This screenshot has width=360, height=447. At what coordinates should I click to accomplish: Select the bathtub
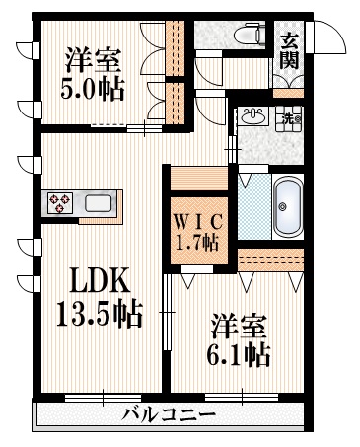point(287,206)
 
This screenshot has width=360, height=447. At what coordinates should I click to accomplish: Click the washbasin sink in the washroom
point(252,116)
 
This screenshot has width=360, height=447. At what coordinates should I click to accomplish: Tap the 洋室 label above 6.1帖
point(236,325)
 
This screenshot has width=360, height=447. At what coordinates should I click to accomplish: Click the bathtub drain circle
point(283,206)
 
